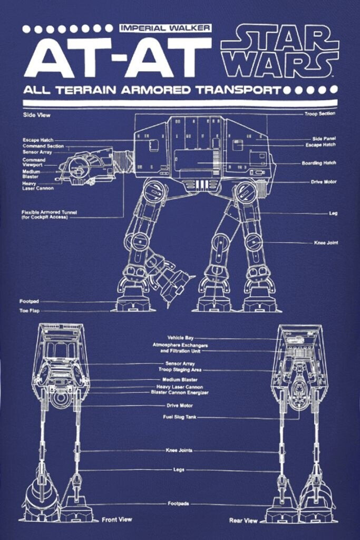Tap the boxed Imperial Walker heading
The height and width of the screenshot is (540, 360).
click(x=166, y=28)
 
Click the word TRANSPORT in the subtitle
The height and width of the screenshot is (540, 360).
click(x=239, y=90)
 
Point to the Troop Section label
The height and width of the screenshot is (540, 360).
click(x=320, y=114)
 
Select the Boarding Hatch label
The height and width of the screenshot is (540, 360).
click(x=319, y=163)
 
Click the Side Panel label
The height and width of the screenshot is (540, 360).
click(x=324, y=139)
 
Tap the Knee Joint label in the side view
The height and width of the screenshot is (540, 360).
click(x=326, y=243)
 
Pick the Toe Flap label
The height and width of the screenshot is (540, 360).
click(x=30, y=311)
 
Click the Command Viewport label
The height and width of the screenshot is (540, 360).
click(x=34, y=162)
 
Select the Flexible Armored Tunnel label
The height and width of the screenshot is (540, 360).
click(x=49, y=215)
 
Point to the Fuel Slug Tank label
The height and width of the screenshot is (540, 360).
click(x=180, y=417)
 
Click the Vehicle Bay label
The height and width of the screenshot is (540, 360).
click(x=180, y=338)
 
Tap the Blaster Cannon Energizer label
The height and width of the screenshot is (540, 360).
click(x=180, y=392)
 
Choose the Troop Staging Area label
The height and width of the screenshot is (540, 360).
click(x=180, y=370)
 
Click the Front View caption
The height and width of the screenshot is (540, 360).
click(x=116, y=519)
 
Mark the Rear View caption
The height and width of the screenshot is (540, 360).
click(x=244, y=520)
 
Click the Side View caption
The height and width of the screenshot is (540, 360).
click(x=36, y=114)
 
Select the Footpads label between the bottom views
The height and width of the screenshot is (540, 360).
click(x=178, y=504)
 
